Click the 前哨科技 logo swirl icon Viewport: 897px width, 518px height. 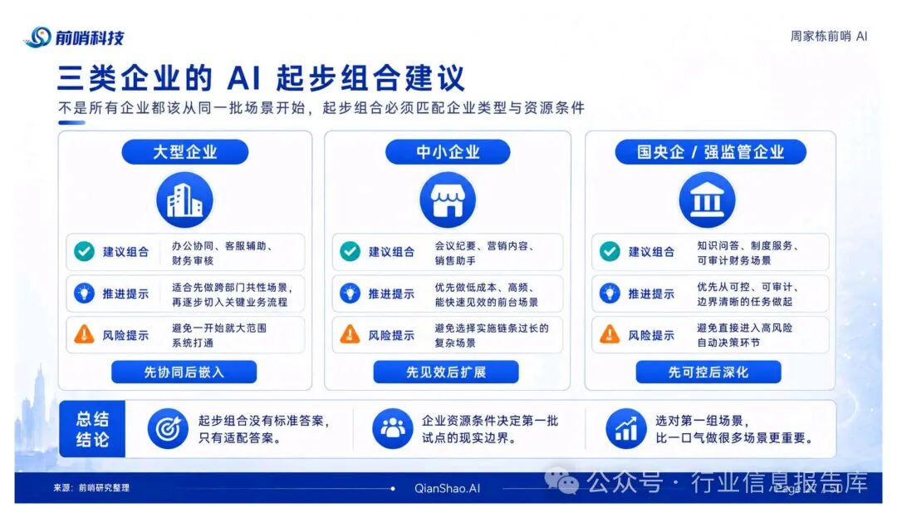tap(40, 37)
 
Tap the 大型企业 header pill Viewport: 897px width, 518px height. tap(184, 151)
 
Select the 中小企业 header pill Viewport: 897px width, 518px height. tap(448, 151)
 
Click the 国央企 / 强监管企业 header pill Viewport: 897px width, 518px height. tap(710, 151)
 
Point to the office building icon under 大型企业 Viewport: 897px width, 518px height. tap(184, 200)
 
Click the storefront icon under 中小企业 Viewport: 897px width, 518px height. tap(448, 200)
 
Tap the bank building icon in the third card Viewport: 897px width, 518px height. tap(707, 200)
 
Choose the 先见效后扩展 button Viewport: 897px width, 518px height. tap(446, 372)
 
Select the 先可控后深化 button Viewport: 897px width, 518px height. tap(708, 372)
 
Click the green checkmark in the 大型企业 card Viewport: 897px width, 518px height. tap(84, 251)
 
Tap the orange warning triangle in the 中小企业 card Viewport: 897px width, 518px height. tap(350, 334)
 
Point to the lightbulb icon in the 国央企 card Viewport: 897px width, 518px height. tap(610, 293)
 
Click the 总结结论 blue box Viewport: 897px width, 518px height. tap(92, 429)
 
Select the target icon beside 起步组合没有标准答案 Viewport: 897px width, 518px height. tap(168, 429)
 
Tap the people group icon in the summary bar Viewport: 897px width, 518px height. tap(392, 429)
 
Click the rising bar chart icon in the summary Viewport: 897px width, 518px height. tap(626, 429)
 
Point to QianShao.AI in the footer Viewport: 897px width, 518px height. tap(448, 488)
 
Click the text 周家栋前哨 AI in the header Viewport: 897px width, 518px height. tap(829, 36)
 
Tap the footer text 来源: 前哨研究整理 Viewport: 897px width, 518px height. tap(91, 488)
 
